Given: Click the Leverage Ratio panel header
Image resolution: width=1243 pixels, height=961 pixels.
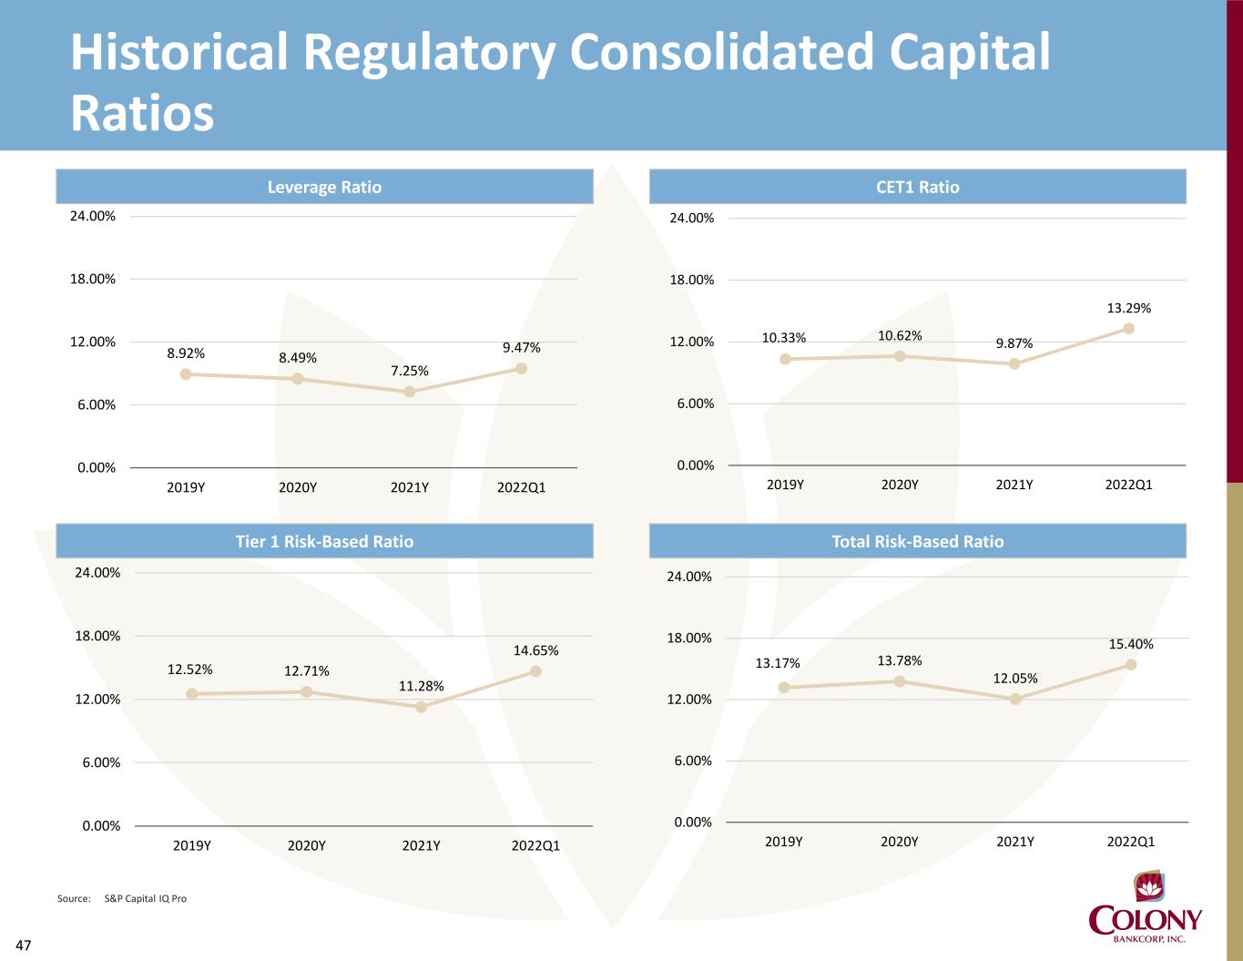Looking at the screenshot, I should (x=324, y=187).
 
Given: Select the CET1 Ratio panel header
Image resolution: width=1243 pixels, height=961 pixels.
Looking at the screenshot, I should (x=917, y=187).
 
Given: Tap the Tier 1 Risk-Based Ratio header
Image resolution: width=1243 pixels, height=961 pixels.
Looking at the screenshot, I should (x=324, y=541).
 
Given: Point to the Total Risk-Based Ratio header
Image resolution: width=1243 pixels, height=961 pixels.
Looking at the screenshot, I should (x=917, y=541).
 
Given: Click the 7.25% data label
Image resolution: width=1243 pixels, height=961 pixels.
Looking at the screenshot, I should (x=410, y=371).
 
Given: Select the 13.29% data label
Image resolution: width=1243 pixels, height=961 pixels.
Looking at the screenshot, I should (x=1128, y=309).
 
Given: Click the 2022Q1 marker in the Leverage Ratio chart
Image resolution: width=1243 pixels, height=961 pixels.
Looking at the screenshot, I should (x=522, y=369).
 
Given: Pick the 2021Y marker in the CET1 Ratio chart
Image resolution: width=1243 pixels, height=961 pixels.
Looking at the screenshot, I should (x=1014, y=363).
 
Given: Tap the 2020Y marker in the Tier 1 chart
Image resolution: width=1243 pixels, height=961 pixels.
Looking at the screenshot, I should (x=307, y=692).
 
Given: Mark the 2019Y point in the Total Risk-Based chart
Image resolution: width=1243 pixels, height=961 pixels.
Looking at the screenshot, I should (x=784, y=687).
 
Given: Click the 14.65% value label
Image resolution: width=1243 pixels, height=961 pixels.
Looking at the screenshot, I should (x=535, y=651).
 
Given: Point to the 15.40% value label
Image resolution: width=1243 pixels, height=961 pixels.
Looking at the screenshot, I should (x=1131, y=645).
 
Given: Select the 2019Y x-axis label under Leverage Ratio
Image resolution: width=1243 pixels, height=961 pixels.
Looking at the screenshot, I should (x=186, y=488).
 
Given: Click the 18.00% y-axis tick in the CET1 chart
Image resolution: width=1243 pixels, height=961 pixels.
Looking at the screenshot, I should (x=692, y=281).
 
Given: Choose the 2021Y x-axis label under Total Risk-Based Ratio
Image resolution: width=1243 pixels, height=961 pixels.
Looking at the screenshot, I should (x=1015, y=842).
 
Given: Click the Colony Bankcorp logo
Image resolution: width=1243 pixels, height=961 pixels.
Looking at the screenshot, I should (x=1146, y=912).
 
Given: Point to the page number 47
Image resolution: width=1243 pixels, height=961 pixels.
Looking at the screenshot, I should (x=24, y=946).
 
